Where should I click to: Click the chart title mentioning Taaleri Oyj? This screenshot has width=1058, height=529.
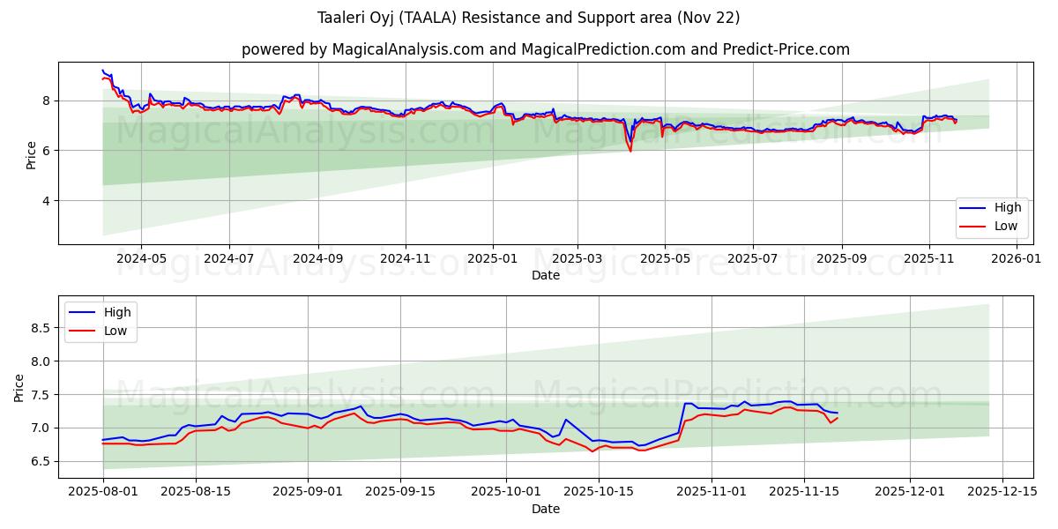[x=528, y=18]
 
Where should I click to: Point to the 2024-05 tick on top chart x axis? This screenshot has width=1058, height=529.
[x=142, y=258]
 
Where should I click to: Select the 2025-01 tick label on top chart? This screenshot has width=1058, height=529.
[x=492, y=258]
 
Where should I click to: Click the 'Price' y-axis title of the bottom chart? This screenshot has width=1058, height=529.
[x=19, y=387]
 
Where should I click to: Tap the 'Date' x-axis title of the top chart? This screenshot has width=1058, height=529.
[x=545, y=275]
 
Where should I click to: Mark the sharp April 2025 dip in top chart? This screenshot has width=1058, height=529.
[x=630, y=151]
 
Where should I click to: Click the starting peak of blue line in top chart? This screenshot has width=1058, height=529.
[x=103, y=71]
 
